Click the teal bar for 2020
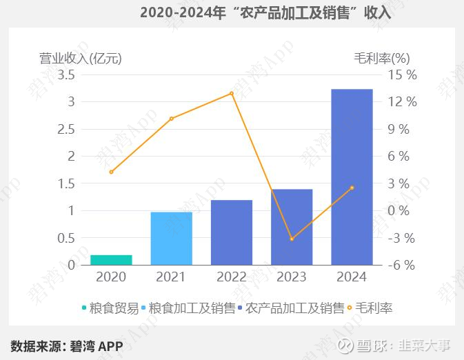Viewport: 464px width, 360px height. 111,260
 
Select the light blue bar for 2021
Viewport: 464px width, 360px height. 171,239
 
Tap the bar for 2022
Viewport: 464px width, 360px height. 232,232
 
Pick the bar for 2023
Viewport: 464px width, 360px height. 292,227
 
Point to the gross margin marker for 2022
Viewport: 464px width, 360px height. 232,93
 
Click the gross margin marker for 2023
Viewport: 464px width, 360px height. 292,239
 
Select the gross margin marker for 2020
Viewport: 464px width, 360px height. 111,172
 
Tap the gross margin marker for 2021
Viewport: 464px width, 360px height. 171,119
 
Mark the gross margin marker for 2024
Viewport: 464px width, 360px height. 352,188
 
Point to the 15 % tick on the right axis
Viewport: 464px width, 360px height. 403,74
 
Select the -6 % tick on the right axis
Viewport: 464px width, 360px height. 403,266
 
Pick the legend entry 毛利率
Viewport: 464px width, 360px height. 373,308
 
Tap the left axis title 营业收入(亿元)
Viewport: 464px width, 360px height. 80,59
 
